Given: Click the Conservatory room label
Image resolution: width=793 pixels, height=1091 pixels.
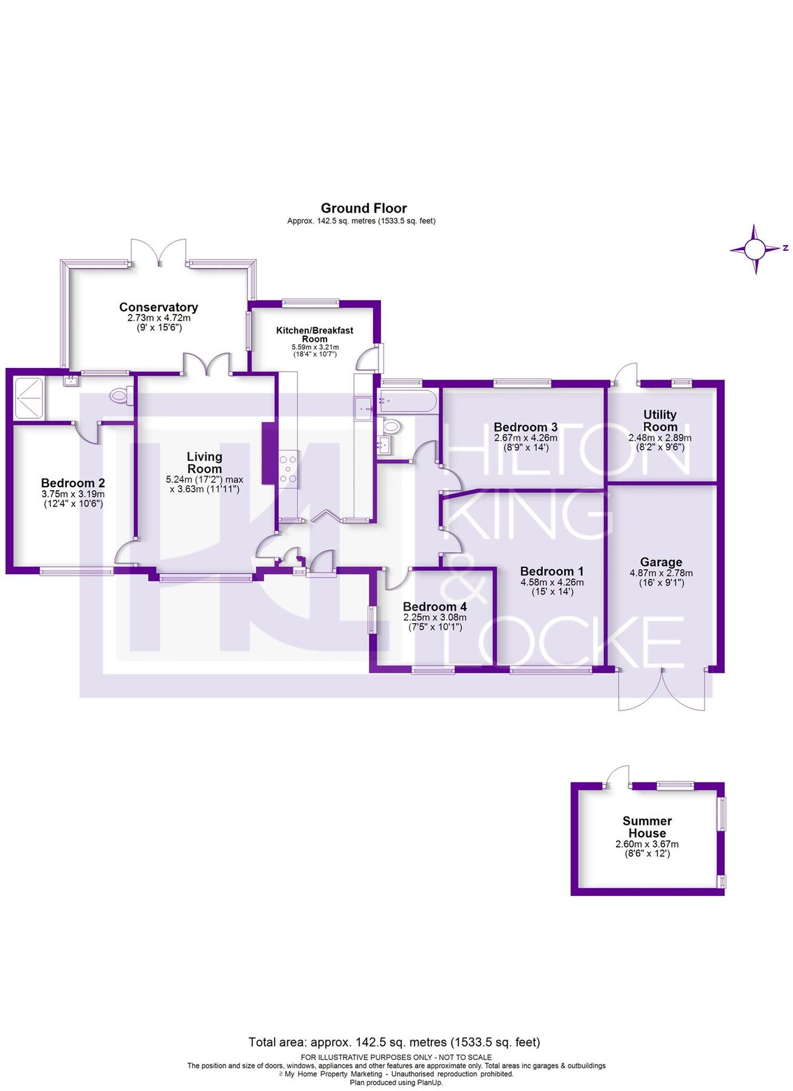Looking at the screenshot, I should (158, 307).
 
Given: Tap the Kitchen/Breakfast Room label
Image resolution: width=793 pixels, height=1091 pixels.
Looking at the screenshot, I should (314, 335).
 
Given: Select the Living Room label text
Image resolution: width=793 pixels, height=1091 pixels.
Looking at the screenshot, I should (204, 462).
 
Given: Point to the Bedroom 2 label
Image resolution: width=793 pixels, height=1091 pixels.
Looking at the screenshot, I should (73, 483).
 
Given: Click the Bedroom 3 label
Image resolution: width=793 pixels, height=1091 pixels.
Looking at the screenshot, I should (525, 427).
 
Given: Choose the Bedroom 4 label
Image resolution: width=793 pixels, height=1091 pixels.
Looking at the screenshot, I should (434, 607).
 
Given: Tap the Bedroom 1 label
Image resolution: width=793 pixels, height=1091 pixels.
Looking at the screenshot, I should (552, 571).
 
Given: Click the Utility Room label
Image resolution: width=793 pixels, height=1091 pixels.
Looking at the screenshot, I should (660, 420).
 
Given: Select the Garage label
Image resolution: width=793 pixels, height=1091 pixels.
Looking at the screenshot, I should (661, 562).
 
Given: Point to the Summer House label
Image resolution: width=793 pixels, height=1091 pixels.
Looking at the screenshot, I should (647, 827).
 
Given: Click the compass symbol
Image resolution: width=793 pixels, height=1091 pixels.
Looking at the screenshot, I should (755, 249).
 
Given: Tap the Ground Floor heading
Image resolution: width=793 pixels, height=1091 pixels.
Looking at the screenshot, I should (363, 209).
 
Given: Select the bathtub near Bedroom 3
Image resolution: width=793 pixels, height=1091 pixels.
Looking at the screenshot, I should (406, 402).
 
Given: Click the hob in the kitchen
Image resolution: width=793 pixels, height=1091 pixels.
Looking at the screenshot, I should (288, 469).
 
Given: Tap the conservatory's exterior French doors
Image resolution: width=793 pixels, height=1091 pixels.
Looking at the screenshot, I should (159, 252).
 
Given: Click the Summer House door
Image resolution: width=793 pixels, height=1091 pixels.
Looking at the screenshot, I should (619, 776).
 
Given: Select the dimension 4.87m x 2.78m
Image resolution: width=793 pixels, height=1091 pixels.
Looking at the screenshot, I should (661, 573).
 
